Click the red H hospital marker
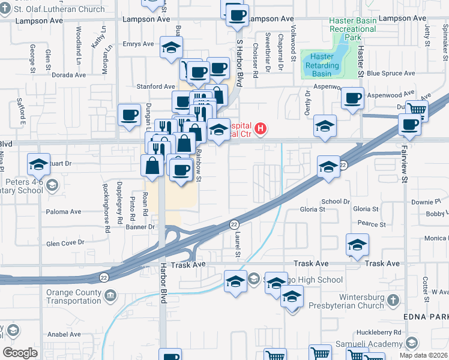(261, 128)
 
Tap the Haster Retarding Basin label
(318, 65)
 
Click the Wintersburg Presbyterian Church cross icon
(393, 299)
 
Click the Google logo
(20, 352)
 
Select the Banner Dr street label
(140, 227)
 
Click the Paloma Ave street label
(63, 212)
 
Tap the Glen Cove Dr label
(65, 243)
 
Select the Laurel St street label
(238, 246)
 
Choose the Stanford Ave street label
(155, 86)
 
